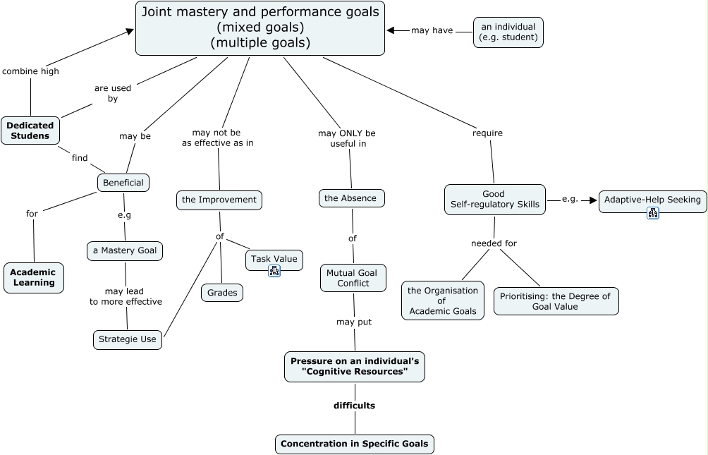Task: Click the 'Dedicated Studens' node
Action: pos(30,131)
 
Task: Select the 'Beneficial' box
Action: pos(123,183)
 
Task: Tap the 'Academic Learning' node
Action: pos(33,277)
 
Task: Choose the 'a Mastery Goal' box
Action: pos(126,250)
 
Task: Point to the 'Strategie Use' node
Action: pos(128,339)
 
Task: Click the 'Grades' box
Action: pos(222,292)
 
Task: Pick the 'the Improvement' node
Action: pos(219,200)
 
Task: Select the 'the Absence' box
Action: pos(351,198)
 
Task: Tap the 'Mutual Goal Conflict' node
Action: pos(353,278)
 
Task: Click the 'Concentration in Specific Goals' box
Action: pos(354,444)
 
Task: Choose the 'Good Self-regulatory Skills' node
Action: pos(494,200)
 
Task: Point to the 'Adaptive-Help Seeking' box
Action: pos(652,200)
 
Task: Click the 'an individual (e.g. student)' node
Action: pos(508,32)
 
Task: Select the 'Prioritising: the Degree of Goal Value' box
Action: pos(556,301)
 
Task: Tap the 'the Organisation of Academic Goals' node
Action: pos(443,301)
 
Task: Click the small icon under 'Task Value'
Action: pos(274,271)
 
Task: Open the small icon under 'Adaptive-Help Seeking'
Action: pos(652,212)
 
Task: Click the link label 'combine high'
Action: pos(30,71)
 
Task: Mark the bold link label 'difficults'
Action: pos(354,406)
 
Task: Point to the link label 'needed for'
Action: pos(494,243)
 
